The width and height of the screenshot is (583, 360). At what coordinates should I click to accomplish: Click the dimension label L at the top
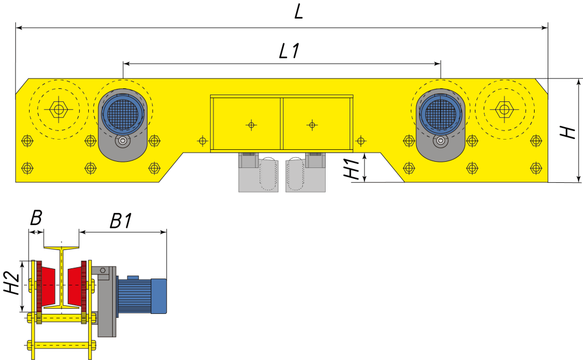(x=299, y=13)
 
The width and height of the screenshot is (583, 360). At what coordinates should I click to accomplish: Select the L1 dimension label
(x=289, y=51)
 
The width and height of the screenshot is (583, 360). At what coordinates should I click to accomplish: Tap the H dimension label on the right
(x=569, y=132)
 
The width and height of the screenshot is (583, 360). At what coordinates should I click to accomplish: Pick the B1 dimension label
(x=121, y=221)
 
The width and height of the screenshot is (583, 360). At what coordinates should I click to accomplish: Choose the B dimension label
(x=36, y=218)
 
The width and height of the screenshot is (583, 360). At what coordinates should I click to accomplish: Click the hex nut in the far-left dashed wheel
(x=59, y=109)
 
